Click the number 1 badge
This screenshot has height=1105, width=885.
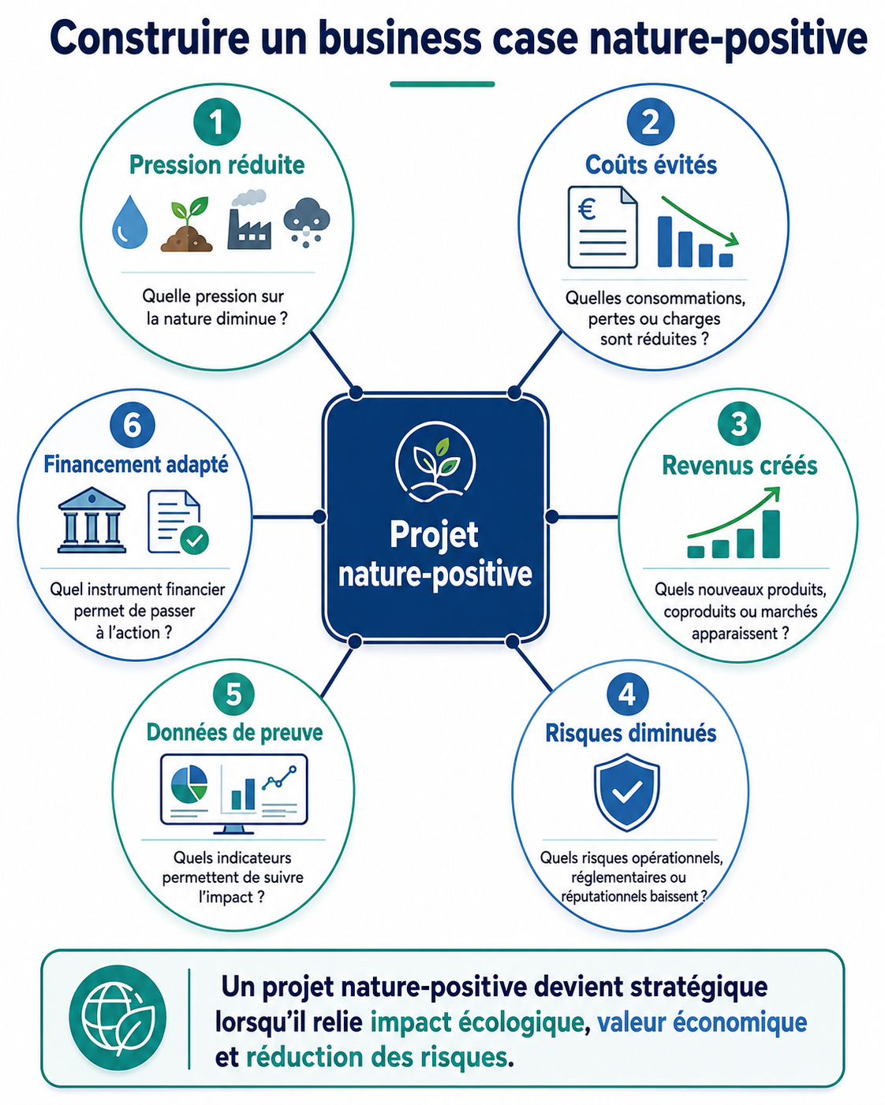[217, 122]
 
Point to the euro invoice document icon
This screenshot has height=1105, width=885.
[603, 227]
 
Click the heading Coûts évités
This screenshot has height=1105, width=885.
[652, 165]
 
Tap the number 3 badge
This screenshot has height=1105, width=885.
[739, 423]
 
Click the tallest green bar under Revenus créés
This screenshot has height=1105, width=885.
[771, 534]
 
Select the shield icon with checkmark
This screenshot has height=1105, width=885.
[626, 792]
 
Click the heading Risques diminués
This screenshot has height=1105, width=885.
[630, 733]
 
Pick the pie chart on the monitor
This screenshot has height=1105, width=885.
[189, 783]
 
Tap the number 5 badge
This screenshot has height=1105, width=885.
[233, 694]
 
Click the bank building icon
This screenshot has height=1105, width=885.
[92, 520]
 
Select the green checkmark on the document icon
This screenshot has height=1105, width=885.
[194, 540]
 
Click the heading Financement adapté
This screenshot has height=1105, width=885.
[136, 464]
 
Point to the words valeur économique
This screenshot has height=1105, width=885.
[702, 1021]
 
